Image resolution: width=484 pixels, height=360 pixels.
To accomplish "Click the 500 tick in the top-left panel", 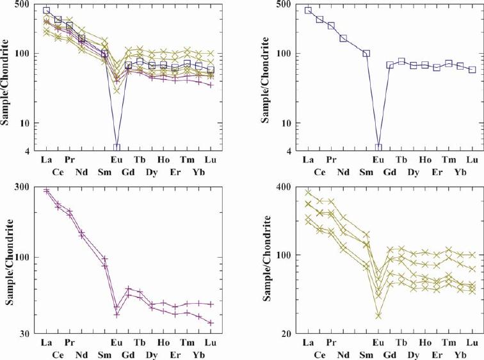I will click(23, 4).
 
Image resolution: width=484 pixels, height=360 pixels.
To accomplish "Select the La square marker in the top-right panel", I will click(308, 10).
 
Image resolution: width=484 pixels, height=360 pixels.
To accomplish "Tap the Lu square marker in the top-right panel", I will click(472, 70).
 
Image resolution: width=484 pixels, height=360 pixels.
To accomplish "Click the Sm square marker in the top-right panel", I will click(366, 53).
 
